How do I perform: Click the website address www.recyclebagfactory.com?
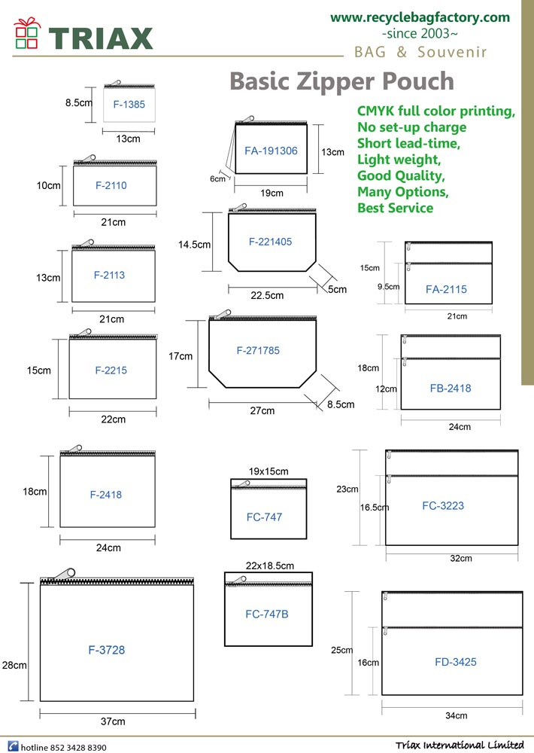pos(420,18)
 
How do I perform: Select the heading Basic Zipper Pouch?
pos(341,81)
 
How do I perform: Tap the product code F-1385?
pos(129,104)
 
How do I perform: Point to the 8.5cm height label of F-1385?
pos(79,102)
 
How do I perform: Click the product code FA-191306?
pos(271,151)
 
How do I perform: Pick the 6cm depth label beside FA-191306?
pos(217,178)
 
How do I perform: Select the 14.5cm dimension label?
pos(194,245)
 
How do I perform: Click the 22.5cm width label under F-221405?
pos(267,295)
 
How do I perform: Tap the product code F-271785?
pos(258,351)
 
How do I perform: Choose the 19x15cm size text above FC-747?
pos(269,471)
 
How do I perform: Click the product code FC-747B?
pos(267,614)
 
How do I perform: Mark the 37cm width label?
pos(113,721)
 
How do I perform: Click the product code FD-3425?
pos(456,662)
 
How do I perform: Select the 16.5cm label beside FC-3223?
pos(375,507)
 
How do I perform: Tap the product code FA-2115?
pos(446,289)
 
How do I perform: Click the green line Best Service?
pos(396,208)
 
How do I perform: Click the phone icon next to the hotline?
pos(13,747)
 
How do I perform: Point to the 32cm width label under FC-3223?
pos(460,558)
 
